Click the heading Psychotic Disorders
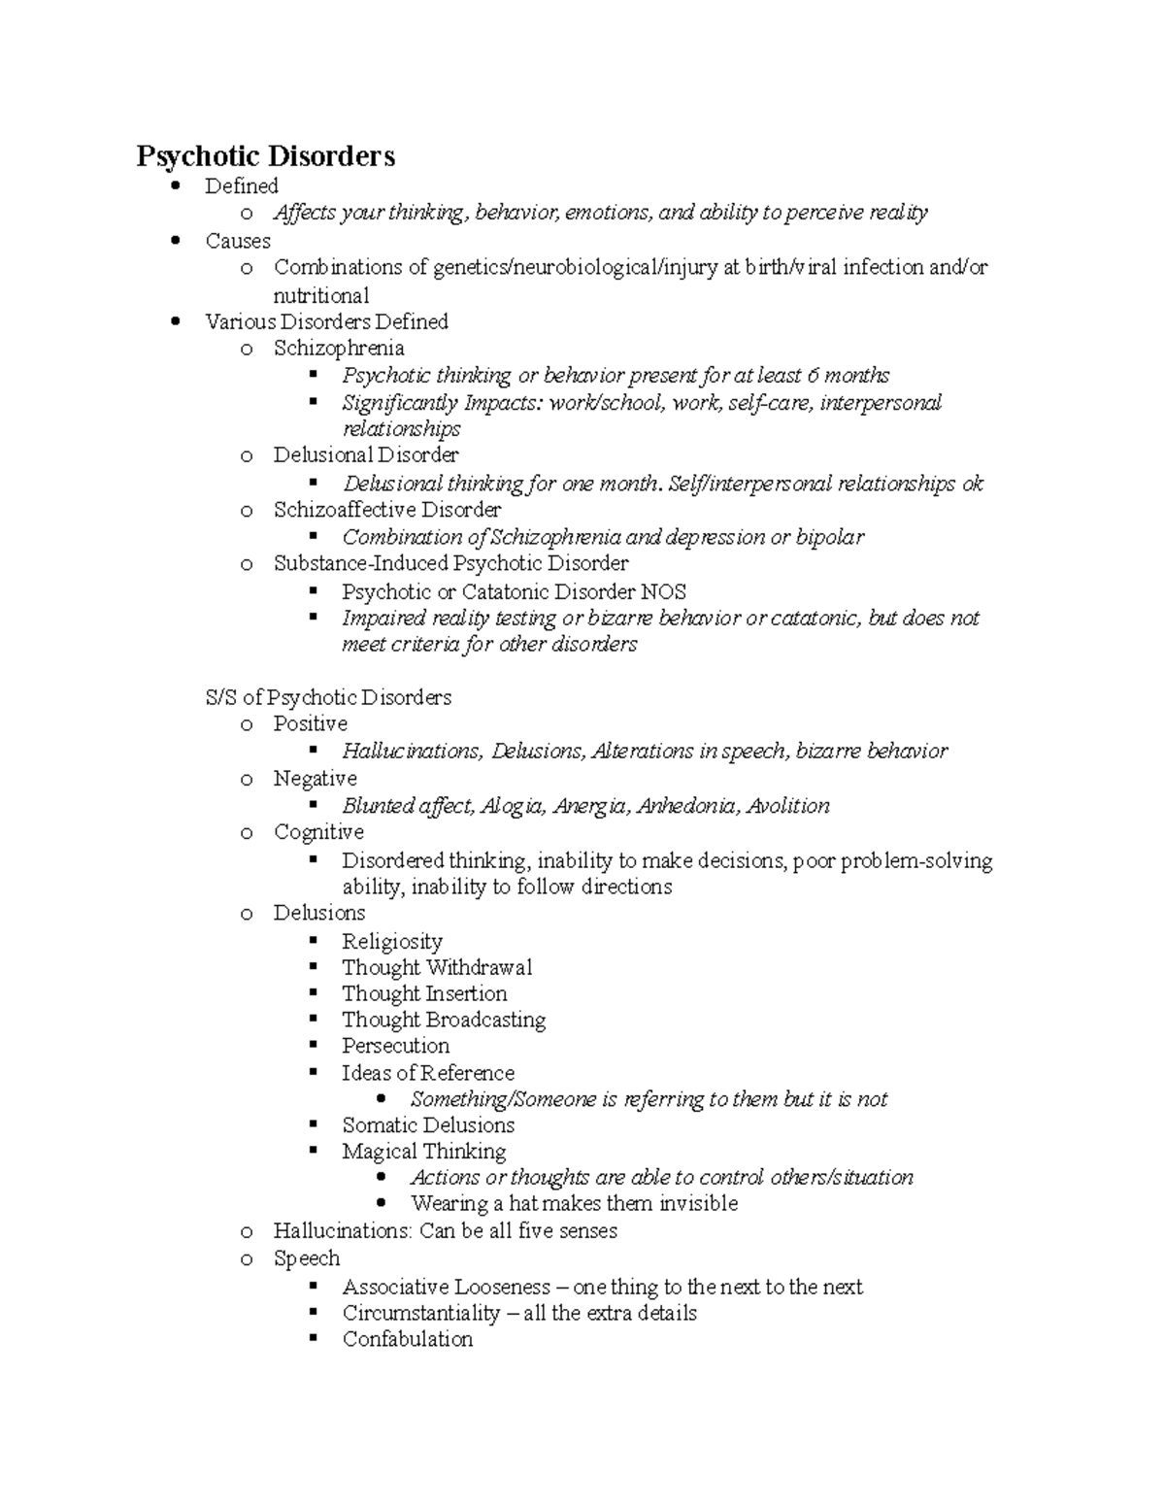click(x=265, y=156)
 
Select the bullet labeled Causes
click(x=238, y=241)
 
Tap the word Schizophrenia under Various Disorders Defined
click(x=338, y=348)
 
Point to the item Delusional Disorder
click(x=365, y=454)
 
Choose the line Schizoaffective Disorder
click(x=386, y=510)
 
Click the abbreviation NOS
click(x=664, y=591)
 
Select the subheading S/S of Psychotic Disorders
click(x=328, y=697)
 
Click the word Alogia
click(x=513, y=806)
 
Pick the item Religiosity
click(x=391, y=941)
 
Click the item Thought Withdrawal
click(x=436, y=967)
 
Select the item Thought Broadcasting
click(x=443, y=1020)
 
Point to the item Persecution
click(x=395, y=1046)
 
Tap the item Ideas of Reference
click(x=427, y=1073)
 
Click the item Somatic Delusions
click(x=427, y=1125)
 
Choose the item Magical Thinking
click(x=423, y=1152)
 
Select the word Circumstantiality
click(x=419, y=1313)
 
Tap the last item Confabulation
click(x=407, y=1339)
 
